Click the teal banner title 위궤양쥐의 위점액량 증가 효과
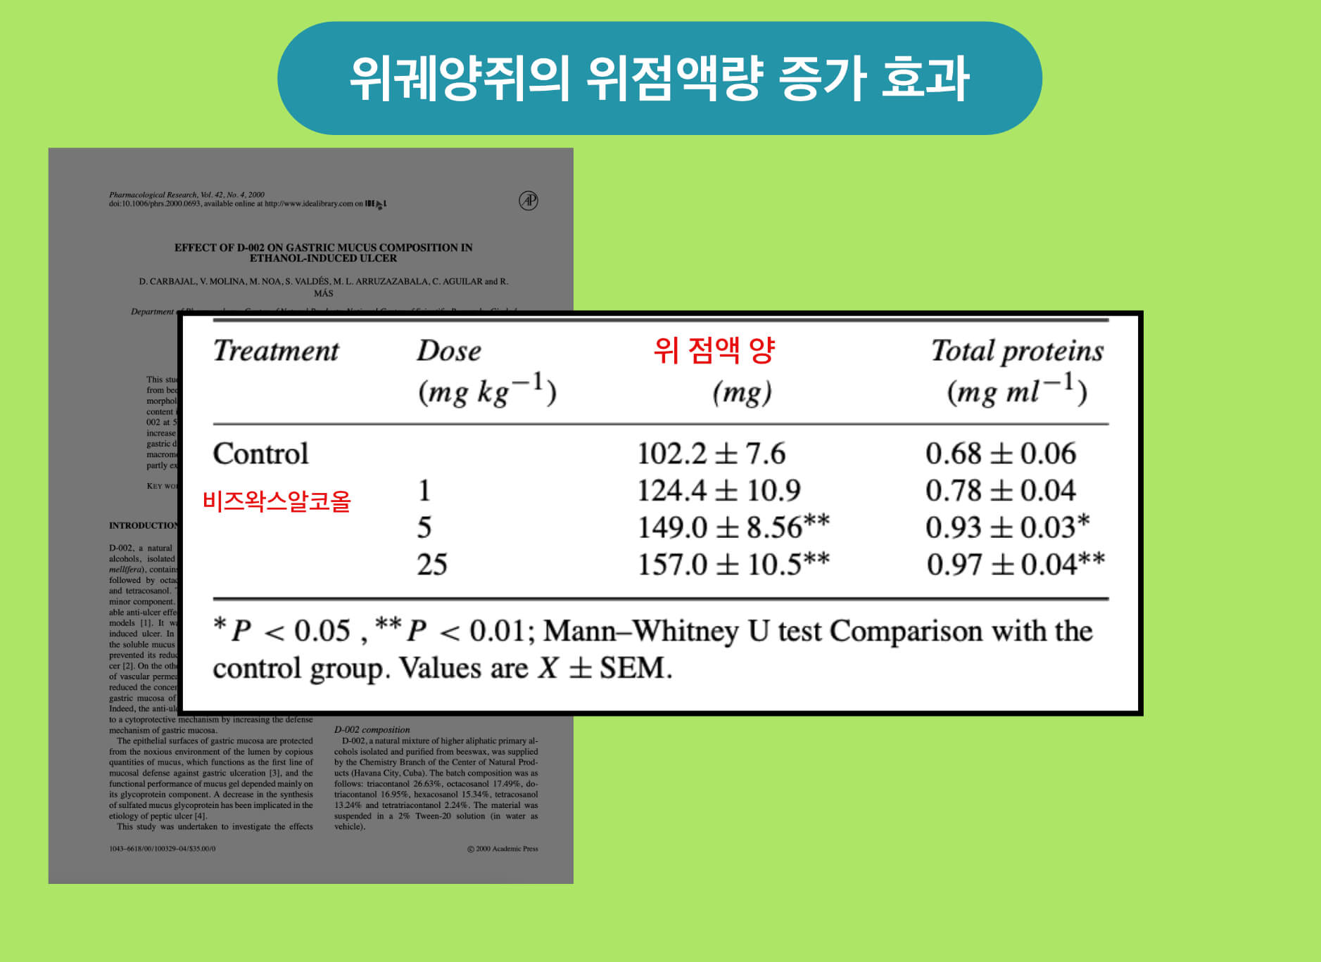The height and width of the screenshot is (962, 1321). (659, 78)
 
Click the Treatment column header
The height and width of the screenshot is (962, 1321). (276, 351)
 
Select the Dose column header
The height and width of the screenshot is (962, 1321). (449, 351)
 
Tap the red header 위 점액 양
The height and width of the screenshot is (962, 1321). (714, 349)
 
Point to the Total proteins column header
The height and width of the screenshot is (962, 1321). (1017, 351)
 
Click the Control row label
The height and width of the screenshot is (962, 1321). (260, 454)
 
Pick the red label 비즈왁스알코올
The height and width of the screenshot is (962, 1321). (277, 501)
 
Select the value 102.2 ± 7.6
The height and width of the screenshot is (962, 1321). (711, 454)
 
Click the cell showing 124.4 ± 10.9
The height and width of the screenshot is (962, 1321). (719, 490)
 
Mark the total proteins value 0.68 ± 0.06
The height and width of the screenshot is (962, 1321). (1000, 454)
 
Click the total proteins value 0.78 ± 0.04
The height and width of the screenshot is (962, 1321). (1000, 490)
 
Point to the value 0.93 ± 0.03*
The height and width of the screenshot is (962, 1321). (1007, 527)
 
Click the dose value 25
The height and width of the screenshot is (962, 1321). (431, 564)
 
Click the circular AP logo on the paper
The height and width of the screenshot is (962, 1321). (529, 200)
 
